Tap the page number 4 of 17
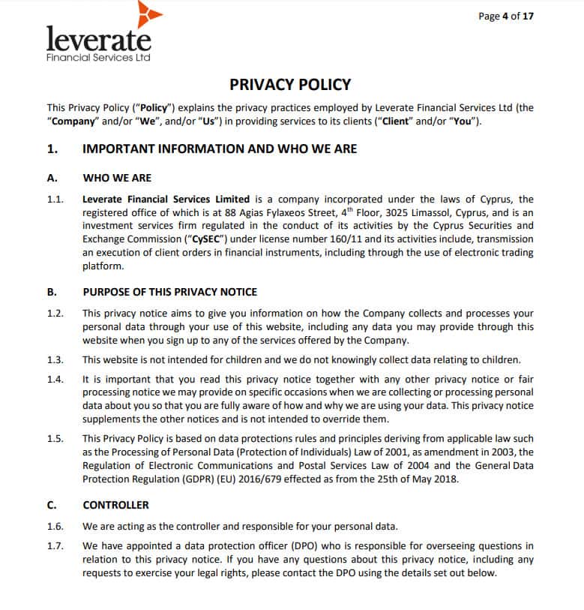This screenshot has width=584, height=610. click(x=506, y=16)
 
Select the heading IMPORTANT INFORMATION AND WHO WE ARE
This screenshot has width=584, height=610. click(x=219, y=149)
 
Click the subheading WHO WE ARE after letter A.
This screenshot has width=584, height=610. click(x=117, y=178)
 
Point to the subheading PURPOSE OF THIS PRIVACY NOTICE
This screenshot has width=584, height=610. click(x=169, y=292)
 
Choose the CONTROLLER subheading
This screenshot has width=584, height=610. click(x=115, y=505)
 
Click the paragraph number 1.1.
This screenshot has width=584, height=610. click(x=55, y=199)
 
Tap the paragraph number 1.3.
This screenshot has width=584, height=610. click(x=55, y=359)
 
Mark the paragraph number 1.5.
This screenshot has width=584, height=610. click(x=55, y=437)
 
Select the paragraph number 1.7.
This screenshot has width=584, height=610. click(x=55, y=545)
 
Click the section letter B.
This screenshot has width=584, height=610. click(x=51, y=292)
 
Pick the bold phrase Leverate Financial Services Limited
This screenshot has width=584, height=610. click(x=166, y=199)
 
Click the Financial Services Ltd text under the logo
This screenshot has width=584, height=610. click(x=97, y=58)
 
